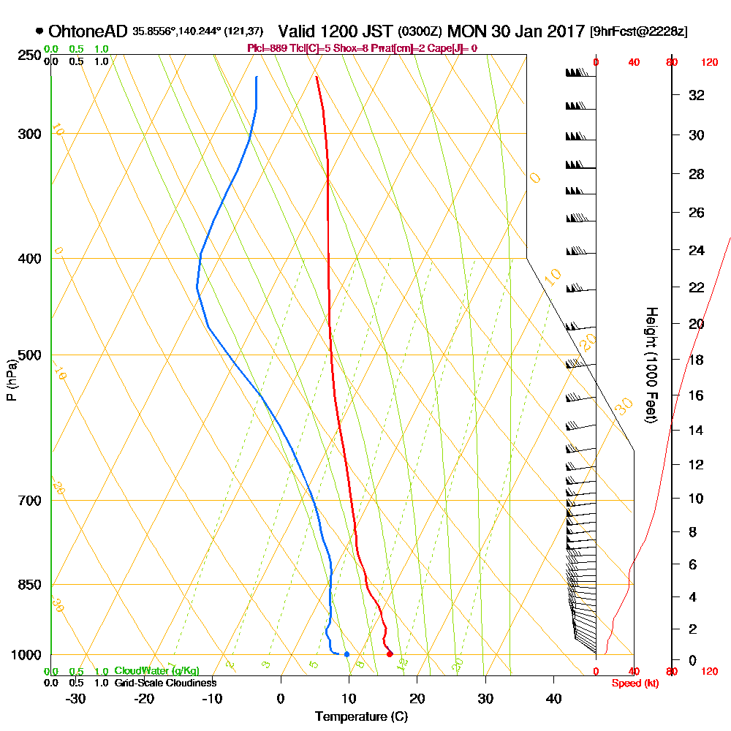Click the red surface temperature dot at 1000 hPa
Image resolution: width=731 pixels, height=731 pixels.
[x=390, y=654]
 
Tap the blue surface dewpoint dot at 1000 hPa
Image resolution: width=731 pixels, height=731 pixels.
[x=346, y=654]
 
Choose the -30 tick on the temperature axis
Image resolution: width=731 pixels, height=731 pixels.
[x=76, y=699]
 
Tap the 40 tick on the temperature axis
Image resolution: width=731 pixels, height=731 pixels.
[x=554, y=699]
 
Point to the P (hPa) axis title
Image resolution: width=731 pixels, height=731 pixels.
[x=12, y=379]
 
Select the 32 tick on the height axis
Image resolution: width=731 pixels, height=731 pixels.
[x=697, y=95]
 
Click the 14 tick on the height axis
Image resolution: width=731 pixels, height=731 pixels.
[x=697, y=431]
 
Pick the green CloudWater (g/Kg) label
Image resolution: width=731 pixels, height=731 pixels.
[x=156, y=671]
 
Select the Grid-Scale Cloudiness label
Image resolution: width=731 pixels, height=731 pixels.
[x=165, y=683]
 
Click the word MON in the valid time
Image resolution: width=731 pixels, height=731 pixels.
[x=464, y=31]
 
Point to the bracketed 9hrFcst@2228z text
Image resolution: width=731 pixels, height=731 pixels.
[x=639, y=32]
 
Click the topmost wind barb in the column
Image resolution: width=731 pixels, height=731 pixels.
[x=577, y=73]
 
